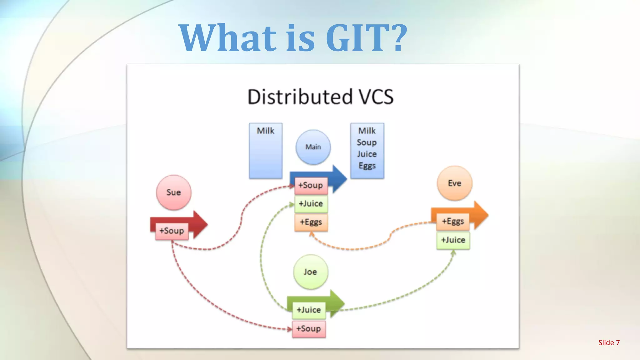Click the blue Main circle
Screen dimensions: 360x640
[x=313, y=147]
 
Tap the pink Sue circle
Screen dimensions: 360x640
[x=173, y=192]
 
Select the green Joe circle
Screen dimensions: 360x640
[x=310, y=272]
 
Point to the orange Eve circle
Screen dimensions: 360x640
[x=454, y=183]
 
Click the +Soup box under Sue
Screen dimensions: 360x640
[x=172, y=231]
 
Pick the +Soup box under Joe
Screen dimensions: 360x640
[x=309, y=329]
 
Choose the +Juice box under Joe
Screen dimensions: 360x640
[x=309, y=310]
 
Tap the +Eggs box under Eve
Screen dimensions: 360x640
[x=453, y=221]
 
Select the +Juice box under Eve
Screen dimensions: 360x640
[x=453, y=240]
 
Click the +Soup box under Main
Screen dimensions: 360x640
[x=311, y=185]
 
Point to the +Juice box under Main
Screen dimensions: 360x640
[x=311, y=204]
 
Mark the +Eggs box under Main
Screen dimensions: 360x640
[x=311, y=222]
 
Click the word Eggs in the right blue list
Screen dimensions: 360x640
[x=367, y=166]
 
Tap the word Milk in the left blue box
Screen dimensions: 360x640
[x=266, y=131]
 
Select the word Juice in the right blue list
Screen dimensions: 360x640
[x=367, y=154]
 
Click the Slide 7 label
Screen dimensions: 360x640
[x=609, y=343]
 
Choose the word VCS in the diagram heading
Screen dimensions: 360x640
[x=376, y=97]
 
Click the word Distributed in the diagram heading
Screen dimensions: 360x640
[x=300, y=97]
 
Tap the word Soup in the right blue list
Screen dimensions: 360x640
[x=367, y=142]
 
